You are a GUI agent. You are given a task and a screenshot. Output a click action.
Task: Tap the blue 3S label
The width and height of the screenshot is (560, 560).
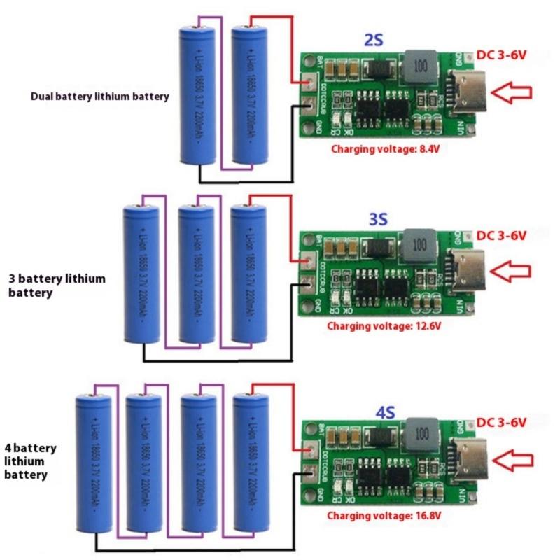point(377,220)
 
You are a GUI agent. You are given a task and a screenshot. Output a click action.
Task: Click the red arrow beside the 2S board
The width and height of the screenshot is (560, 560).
point(512,92)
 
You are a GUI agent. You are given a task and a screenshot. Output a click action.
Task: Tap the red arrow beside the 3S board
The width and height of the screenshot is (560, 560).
point(512,269)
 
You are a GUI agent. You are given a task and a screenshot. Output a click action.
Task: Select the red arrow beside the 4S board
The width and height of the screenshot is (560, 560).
point(512,460)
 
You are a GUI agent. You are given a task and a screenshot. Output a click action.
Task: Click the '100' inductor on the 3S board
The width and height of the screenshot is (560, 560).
point(419,244)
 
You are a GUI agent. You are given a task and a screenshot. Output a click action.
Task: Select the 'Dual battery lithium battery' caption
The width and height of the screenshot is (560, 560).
point(99,97)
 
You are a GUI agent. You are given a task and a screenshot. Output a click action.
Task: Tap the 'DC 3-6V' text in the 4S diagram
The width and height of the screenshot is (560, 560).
point(501,422)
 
